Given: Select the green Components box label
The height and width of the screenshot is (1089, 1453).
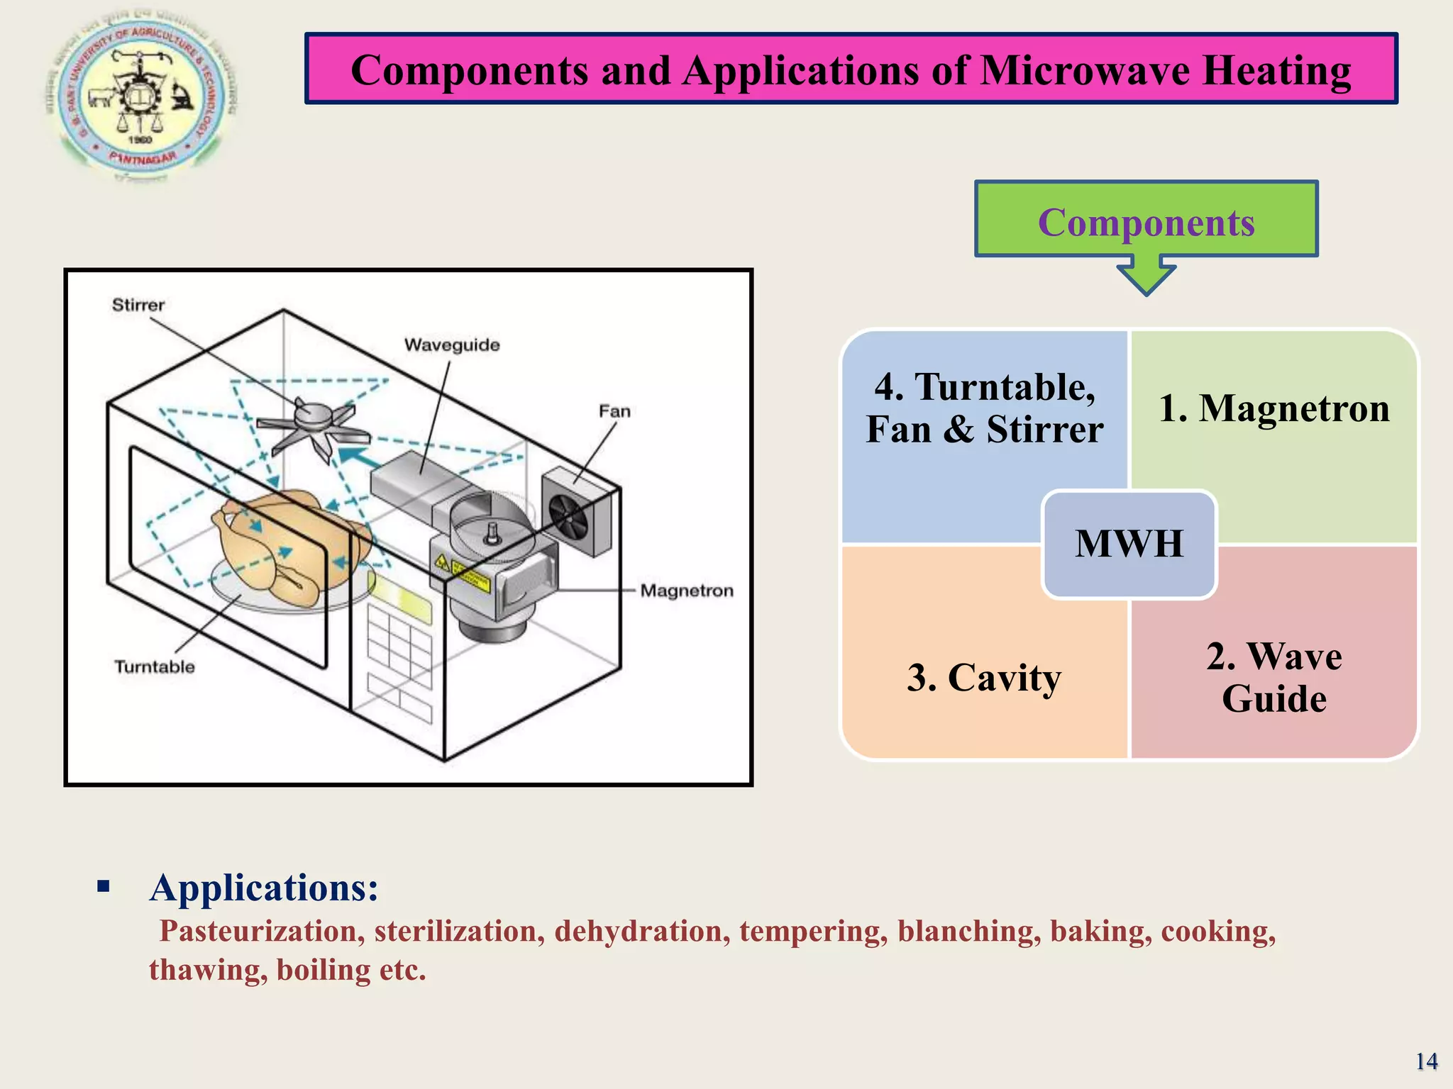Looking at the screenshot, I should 1146,222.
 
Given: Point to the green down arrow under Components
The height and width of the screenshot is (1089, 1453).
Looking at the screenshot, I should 1146,278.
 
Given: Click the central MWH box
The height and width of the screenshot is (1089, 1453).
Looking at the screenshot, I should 1129,544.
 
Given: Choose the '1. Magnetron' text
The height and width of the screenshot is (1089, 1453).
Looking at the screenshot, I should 1274,408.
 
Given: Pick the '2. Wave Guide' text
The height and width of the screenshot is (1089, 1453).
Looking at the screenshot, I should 1274,677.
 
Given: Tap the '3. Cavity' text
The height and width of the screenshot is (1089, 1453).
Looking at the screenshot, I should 983,677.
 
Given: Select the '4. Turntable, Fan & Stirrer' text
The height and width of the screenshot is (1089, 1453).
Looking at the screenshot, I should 984,408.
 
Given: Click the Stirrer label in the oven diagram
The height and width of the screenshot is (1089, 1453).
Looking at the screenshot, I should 138,305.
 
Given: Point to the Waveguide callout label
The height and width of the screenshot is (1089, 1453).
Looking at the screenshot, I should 452,345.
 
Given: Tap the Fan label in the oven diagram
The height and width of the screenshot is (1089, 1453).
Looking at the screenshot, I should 614,411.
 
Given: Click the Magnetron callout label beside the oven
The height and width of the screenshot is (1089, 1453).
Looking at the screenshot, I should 686,591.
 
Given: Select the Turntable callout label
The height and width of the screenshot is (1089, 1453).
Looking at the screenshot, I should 155,666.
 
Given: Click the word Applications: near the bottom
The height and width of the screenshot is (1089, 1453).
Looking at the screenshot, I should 264,888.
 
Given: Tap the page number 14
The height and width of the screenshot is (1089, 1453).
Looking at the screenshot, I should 1426,1061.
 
